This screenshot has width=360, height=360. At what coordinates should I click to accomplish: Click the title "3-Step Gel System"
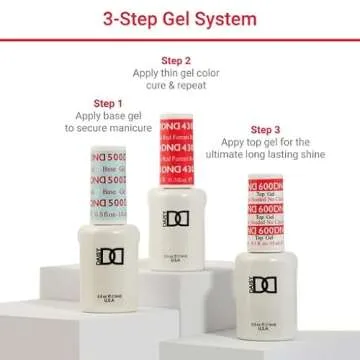(x=179, y=19)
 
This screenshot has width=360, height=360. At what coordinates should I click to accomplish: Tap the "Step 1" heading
(x=108, y=103)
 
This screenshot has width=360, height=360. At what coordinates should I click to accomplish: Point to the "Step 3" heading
(x=265, y=130)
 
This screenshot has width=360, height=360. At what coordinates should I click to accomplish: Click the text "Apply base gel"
(x=108, y=116)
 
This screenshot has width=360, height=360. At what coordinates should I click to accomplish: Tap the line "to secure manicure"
(x=108, y=129)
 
